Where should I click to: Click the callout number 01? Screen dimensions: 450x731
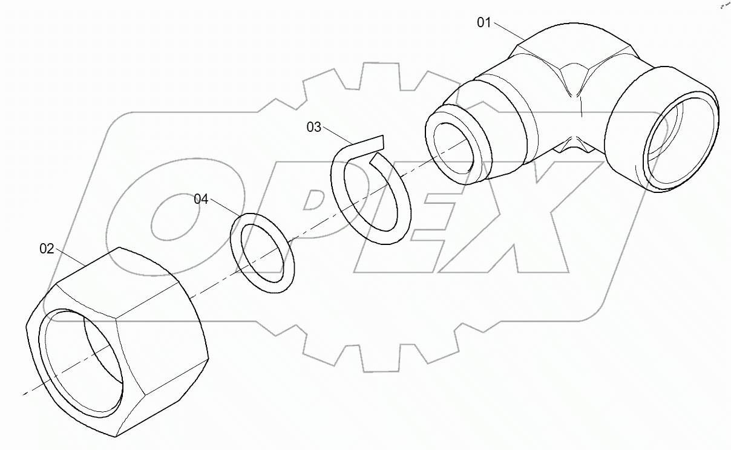484,23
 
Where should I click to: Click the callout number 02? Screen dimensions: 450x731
47,249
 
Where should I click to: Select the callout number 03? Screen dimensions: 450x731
314,127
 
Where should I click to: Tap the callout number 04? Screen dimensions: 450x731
201,199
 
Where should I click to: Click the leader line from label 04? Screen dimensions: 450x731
224,207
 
